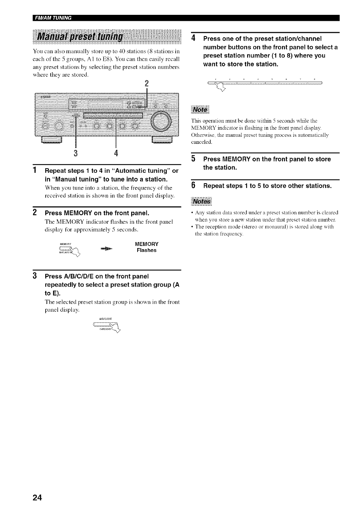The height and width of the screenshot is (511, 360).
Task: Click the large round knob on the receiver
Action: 161,121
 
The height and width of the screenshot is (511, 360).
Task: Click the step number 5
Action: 194,159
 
